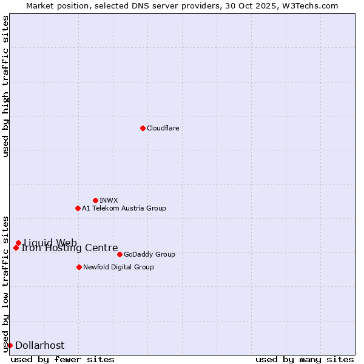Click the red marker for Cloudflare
[143, 128]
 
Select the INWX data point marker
[95, 200]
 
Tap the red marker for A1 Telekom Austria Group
[78, 208]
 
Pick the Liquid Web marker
[18, 243]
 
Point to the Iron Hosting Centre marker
[16, 248]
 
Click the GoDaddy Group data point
[120, 254]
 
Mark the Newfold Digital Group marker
[79, 267]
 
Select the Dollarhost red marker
[10, 345]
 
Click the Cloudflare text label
[163, 128]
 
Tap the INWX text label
[109, 200]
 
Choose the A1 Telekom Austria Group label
[124, 208]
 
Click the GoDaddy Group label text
[149, 254]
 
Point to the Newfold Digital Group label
[118, 267]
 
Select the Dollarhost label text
[39, 345]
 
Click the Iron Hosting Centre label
[70, 248]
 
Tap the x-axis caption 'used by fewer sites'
[62, 359]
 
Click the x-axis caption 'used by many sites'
[305, 359]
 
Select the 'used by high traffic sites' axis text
[6, 86]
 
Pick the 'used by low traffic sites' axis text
[6, 283]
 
